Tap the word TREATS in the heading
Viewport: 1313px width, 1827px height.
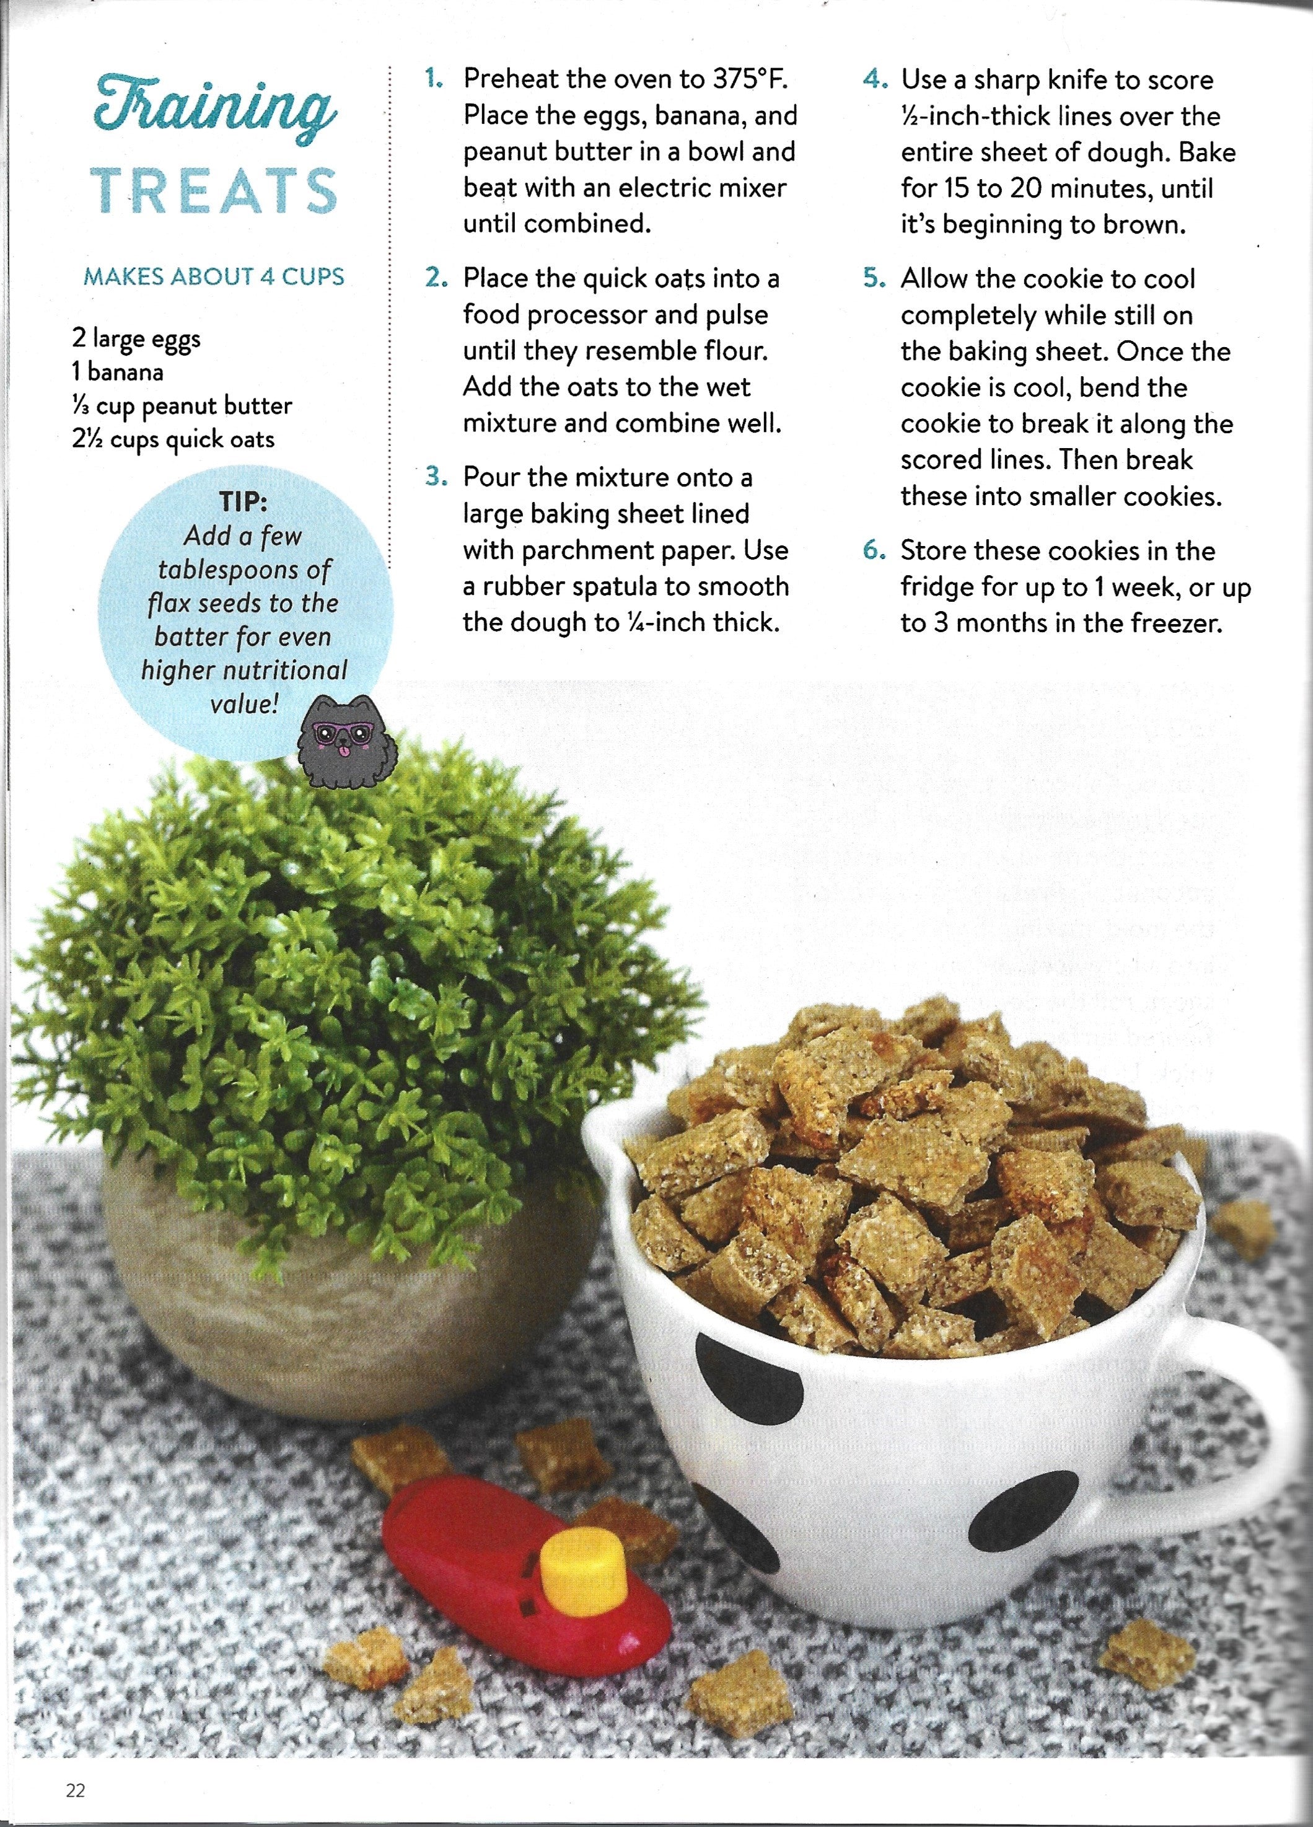click(x=213, y=192)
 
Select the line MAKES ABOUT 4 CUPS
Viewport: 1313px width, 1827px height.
click(x=213, y=276)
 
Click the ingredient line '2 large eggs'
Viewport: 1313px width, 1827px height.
click(x=135, y=338)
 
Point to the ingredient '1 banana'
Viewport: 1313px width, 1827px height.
click(x=116, y=372)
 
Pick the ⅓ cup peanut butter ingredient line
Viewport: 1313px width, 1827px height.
click(x=181, y=406)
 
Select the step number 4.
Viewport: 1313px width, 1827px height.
click(x=874, y=80)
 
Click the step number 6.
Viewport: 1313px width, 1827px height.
click(x=874, y=551)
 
